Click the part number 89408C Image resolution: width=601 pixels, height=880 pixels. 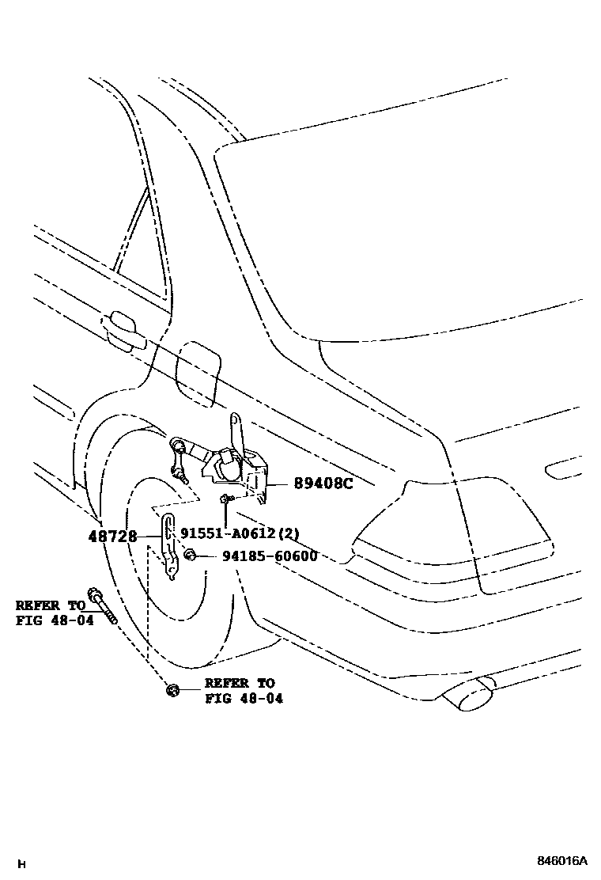coord(323,483)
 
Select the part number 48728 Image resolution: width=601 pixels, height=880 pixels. coord(112,537)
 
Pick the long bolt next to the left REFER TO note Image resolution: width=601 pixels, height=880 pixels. coord(104,606)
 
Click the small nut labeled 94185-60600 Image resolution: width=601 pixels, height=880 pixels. coord(190,556)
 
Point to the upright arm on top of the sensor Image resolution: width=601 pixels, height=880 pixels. coord(236,431)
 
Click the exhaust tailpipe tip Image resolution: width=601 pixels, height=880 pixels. coord(470,696)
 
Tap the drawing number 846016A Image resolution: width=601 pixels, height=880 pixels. coord(563,861)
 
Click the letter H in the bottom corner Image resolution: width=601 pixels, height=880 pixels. coord(21,863)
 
